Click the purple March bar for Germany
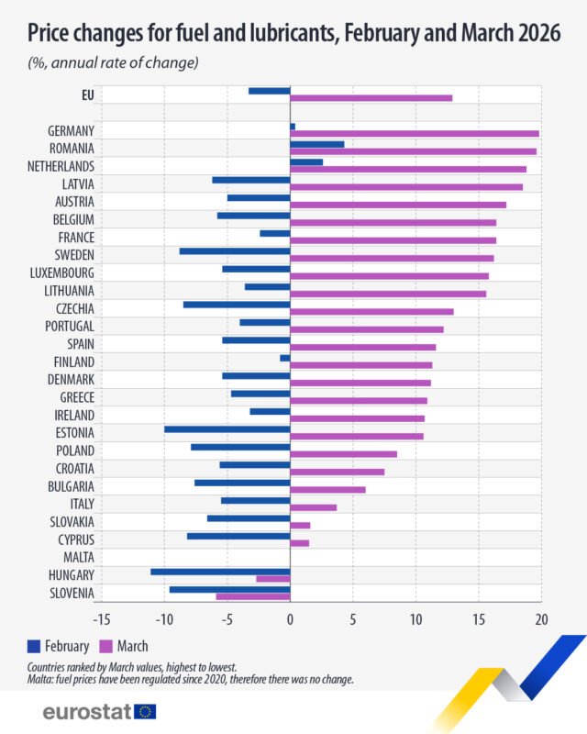[x=415, y=134]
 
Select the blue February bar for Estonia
[x=227, y=428]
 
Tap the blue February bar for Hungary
[x=220, y=571]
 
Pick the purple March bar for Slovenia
[x=252, y=596]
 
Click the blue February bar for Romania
[x=316, y=144]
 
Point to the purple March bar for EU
[x=371, y=98]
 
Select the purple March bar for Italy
[x=313, y=507]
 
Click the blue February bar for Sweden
[x=234, y=250]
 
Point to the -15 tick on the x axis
[x=102, y=619]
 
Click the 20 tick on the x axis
[x=540, y=619]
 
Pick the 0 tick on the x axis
[x=290, y=619]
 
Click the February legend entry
[x=60, y=646]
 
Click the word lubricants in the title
[x=260, y=36]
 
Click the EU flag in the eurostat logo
[x=145, y=711]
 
